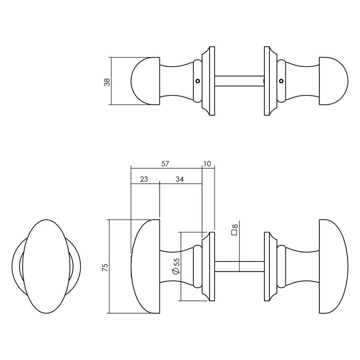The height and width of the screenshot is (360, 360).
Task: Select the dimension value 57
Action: (165, 164)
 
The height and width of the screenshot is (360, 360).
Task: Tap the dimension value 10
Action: (207, 164)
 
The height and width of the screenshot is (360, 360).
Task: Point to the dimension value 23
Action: (144, 179)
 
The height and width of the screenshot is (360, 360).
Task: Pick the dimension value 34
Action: (180, 179)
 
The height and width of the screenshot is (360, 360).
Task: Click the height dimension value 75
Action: (104, 266)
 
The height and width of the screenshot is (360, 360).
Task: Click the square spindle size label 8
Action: (235, 229)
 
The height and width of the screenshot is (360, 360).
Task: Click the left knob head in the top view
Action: (143, 81)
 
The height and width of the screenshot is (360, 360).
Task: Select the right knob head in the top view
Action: (334, 81)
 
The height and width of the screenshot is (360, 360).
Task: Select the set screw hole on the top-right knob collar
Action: (281, 81)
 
